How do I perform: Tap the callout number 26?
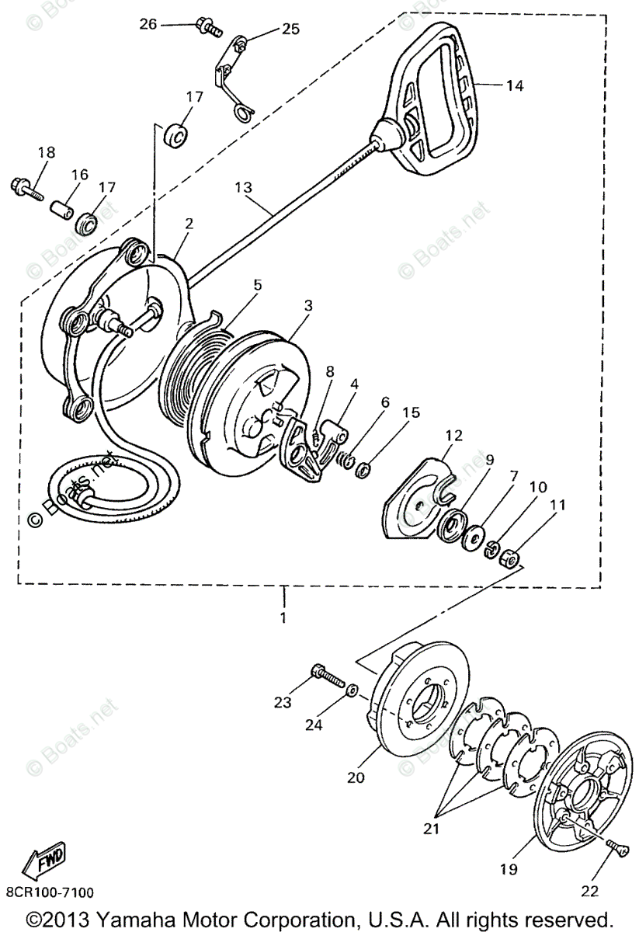pos(148,24)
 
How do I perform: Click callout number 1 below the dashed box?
pos(283,618)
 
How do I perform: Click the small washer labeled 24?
pos(352,689)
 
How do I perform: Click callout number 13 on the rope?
pos(244,187)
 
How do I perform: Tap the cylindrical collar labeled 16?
pos(61,210)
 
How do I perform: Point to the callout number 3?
pos(308,306)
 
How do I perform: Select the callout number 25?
pos(290,29)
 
